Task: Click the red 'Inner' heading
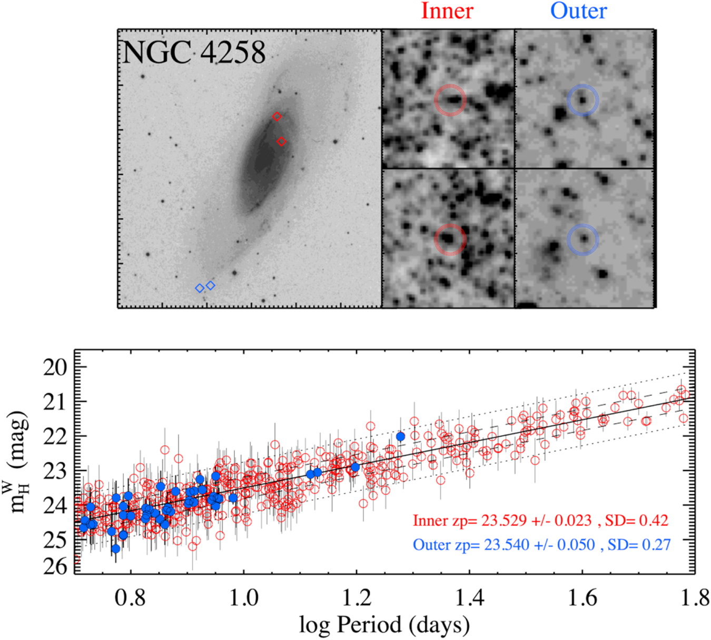coord(447,11)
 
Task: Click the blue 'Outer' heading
coord(578,11)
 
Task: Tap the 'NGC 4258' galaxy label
coord(194,53)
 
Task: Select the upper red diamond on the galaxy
coord(277,117)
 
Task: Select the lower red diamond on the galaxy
coord(281,142)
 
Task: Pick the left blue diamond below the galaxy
coord(200,288)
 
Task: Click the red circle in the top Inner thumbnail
coord(450,100)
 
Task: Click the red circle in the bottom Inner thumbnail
coord(450,239)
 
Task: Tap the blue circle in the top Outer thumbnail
coord(583,100)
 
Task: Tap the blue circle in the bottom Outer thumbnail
coord(583,240)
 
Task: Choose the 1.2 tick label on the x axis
coord(357,598)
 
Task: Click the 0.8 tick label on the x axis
coord(131,598)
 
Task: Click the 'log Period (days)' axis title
coord(384,625)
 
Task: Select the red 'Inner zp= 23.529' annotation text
coord(540,521)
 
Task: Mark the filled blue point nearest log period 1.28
coord(400,436)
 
